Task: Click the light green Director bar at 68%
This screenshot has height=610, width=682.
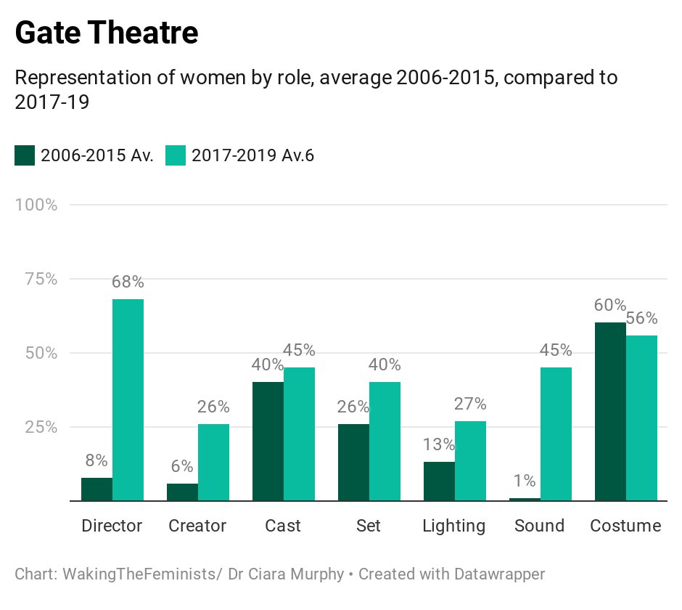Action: (128, 399)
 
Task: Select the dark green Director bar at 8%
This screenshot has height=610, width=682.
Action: (96, 489)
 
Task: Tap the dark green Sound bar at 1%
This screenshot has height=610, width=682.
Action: (525, 499)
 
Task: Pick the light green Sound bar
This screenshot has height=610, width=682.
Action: (556, 434)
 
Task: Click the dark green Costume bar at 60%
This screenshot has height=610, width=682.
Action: (610, 411)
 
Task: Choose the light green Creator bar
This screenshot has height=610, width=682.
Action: (213, 462)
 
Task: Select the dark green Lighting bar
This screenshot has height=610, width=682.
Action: (439, 481)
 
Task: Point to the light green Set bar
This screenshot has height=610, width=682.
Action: (385, 441)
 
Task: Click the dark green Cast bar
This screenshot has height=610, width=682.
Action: (268, 441)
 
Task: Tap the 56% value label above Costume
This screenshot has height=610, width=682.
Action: (641, 319)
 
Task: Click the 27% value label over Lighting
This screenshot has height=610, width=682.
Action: (470, 404)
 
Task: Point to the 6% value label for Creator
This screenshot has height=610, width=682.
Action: (182, 467)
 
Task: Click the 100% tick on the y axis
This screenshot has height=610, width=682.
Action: (36, 205)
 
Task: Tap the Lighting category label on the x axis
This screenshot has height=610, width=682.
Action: (454, 526)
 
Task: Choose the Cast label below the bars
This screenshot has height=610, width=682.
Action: (283, 526)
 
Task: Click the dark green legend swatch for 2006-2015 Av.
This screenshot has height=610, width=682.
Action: (25, 155)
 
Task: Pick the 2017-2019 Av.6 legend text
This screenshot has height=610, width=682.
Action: (252, 155)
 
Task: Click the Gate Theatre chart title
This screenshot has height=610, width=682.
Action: (106, 33)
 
